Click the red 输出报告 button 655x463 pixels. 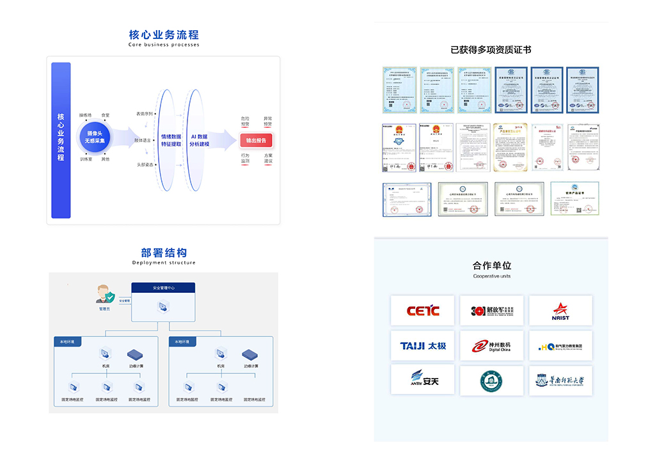256,141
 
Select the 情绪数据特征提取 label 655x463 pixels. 171,141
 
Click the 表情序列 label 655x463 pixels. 144,114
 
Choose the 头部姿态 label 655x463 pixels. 144,164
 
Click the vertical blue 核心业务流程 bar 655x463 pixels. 61,140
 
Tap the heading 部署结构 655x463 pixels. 164,252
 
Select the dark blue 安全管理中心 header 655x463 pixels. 163,288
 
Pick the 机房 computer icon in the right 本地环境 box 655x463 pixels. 221,354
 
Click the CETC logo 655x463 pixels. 423,311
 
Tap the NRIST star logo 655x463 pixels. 560,311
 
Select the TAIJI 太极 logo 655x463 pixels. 423,346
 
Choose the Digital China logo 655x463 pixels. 491,346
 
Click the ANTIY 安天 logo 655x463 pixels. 423,381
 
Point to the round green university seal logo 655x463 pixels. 491,381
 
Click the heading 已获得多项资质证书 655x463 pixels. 491,50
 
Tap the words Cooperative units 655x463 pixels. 491,276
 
